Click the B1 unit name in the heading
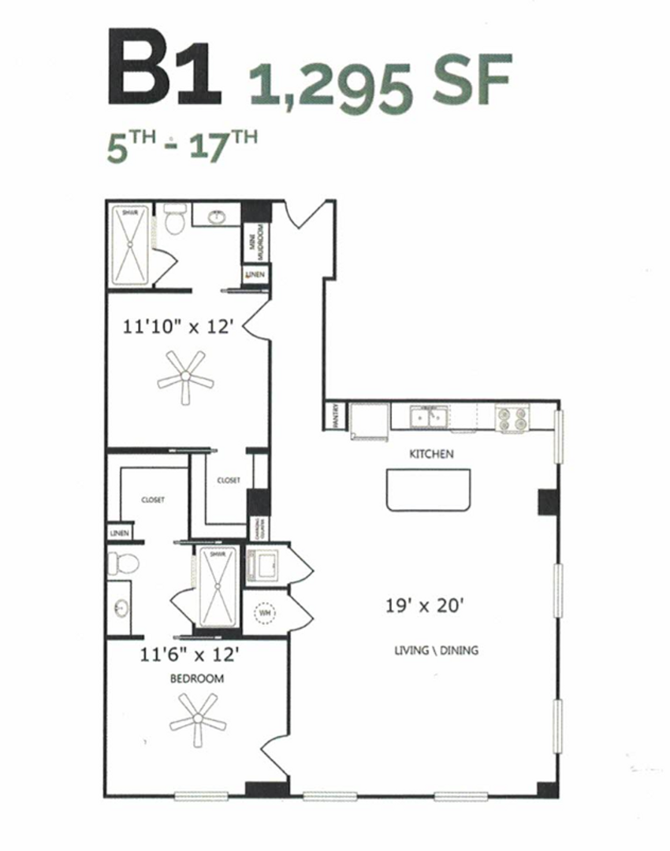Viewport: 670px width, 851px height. coord(163,69)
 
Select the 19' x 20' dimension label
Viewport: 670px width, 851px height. coord(429,606)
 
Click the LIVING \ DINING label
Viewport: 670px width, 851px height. coord(436,651)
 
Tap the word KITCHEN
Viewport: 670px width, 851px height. coord(430,454)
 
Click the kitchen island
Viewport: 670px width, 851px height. coord(428,489)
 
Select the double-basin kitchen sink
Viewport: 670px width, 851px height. coord(430,417)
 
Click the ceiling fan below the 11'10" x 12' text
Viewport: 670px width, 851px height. coord(185,378)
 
